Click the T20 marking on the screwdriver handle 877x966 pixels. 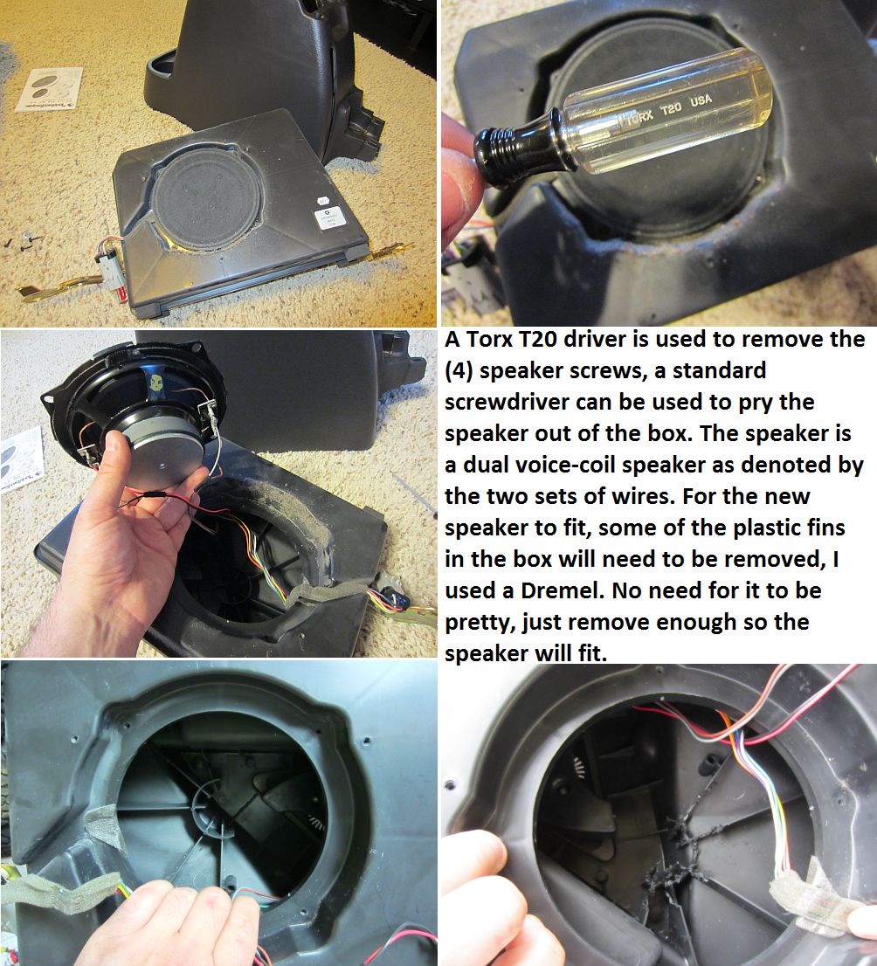pyautogui.click(x=671, y=108)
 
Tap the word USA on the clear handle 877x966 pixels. pyautogui.click(x=701, y=100)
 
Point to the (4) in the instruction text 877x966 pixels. pyautogui.click(x=459, y=371)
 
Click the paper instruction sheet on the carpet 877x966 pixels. pyautogui.click(x=49, y=89)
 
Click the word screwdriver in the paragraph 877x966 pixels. pyautogui.click(x=506, y=402)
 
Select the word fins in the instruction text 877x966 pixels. pyautogui.click(x=823, y=528)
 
